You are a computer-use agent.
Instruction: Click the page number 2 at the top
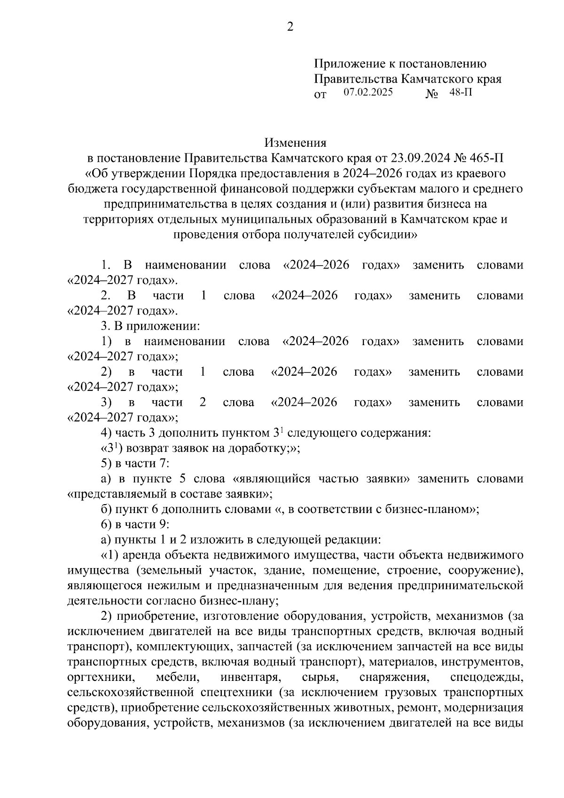290,27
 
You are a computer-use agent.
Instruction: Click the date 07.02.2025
368,92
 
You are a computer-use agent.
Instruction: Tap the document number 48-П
461,92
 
